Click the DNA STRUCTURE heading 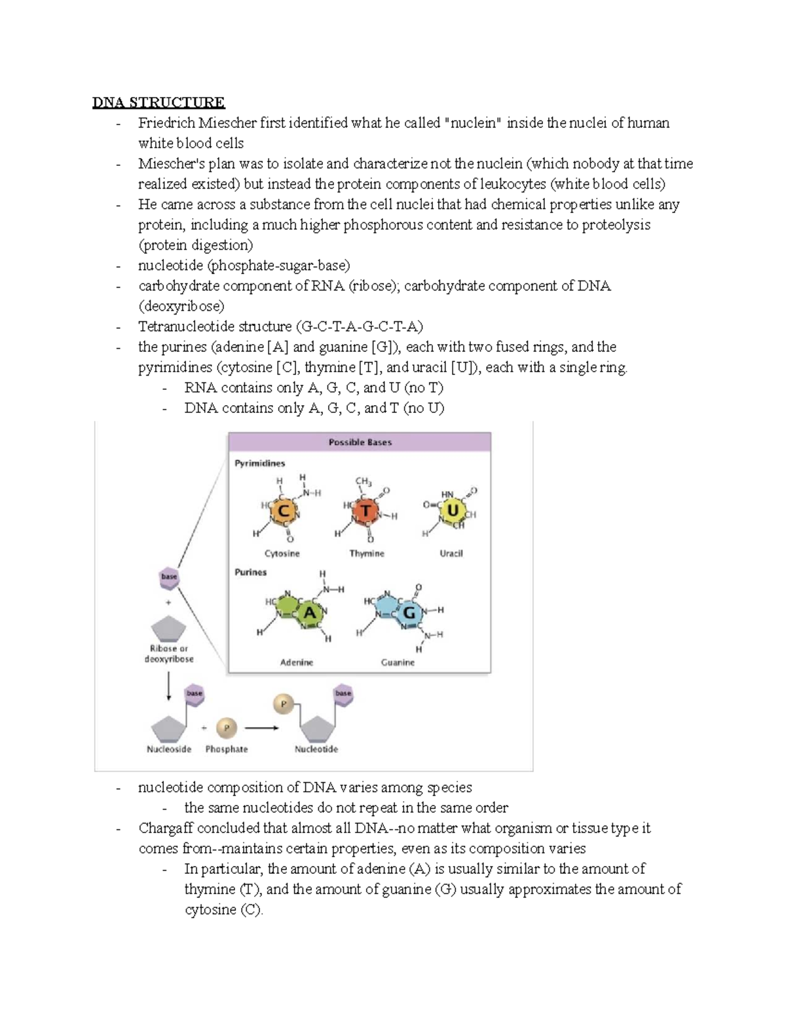coord(158,102)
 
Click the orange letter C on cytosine coord(284,511)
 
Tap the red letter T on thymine coord(366,510)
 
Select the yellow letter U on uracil coord(452,510)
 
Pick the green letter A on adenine coord(310,614)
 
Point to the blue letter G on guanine coord(409,613)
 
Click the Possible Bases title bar coord(360,442)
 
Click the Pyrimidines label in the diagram coord(260,463)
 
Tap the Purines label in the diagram coord(251,572)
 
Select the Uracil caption coord(451,553)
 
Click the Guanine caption coord(398,663)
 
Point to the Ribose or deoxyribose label coord(169,654)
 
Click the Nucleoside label coord(169,749)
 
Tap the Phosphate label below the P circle coord(227,749)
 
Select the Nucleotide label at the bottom coord(316,749)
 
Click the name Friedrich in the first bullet coord(166,123)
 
